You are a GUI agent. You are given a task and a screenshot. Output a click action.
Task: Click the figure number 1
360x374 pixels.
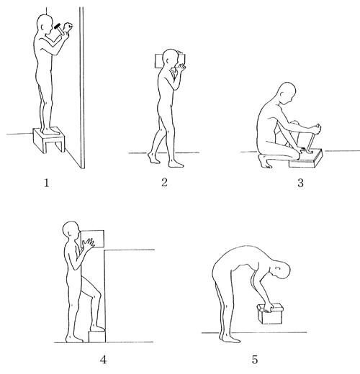point(47,183)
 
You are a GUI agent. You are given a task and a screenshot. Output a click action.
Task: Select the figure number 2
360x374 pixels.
point(164,182)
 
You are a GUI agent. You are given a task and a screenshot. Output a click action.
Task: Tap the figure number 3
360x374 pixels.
point(300,183)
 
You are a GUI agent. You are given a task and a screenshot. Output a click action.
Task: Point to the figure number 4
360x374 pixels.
point(103,360)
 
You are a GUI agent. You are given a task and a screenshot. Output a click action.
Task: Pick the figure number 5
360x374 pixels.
point(255,360)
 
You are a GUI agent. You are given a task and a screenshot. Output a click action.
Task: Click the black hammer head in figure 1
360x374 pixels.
point(58,26)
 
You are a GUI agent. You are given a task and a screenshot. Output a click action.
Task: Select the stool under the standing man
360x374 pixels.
point(49,140)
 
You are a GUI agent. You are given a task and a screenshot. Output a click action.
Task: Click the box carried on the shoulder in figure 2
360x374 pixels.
point(170,60)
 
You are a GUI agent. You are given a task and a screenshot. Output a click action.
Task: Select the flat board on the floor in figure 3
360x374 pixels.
point(306,159)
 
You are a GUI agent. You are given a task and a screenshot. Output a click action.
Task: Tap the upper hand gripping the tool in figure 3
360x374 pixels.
point(318,129)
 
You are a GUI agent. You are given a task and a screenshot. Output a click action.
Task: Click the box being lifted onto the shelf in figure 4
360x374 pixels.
point(92,239)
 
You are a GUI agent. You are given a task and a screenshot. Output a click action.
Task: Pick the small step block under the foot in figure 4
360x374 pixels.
point(97,337)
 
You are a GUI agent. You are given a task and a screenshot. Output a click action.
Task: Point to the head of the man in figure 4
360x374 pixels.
point(71,230)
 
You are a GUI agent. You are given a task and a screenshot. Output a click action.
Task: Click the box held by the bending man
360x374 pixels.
point(270,314)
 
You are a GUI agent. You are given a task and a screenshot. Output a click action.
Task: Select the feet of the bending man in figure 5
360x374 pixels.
point(229,339)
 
